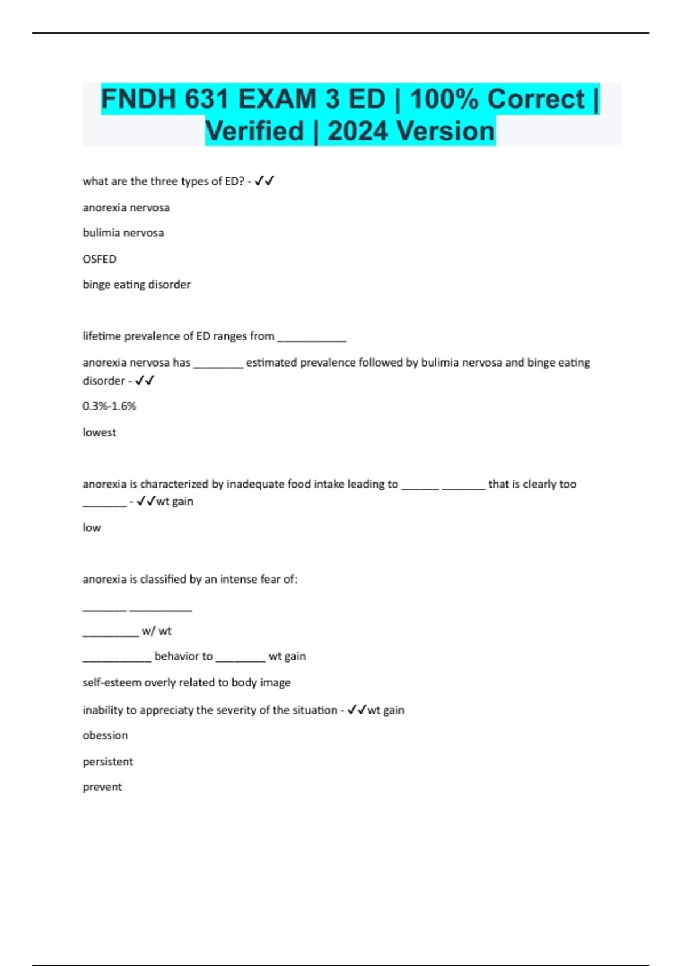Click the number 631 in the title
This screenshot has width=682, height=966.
click(206, 99)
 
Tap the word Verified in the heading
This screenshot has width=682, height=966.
click(255, 131)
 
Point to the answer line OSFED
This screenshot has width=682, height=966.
click(99, 259)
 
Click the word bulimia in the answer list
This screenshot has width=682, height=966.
click(102, 233)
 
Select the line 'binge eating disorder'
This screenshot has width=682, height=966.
click(136, 285)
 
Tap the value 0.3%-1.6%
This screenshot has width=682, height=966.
click(109, 406)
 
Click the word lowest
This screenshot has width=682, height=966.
click(99, 432)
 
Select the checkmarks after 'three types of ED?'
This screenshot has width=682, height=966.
click(264, 181)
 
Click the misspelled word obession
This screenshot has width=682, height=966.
click(105, 735)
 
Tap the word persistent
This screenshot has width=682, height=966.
click(107, 761)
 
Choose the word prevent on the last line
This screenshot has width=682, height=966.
click(102, 787)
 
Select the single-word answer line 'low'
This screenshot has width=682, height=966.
click(92, 528)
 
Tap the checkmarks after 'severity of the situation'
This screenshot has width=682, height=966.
click(357, 710)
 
